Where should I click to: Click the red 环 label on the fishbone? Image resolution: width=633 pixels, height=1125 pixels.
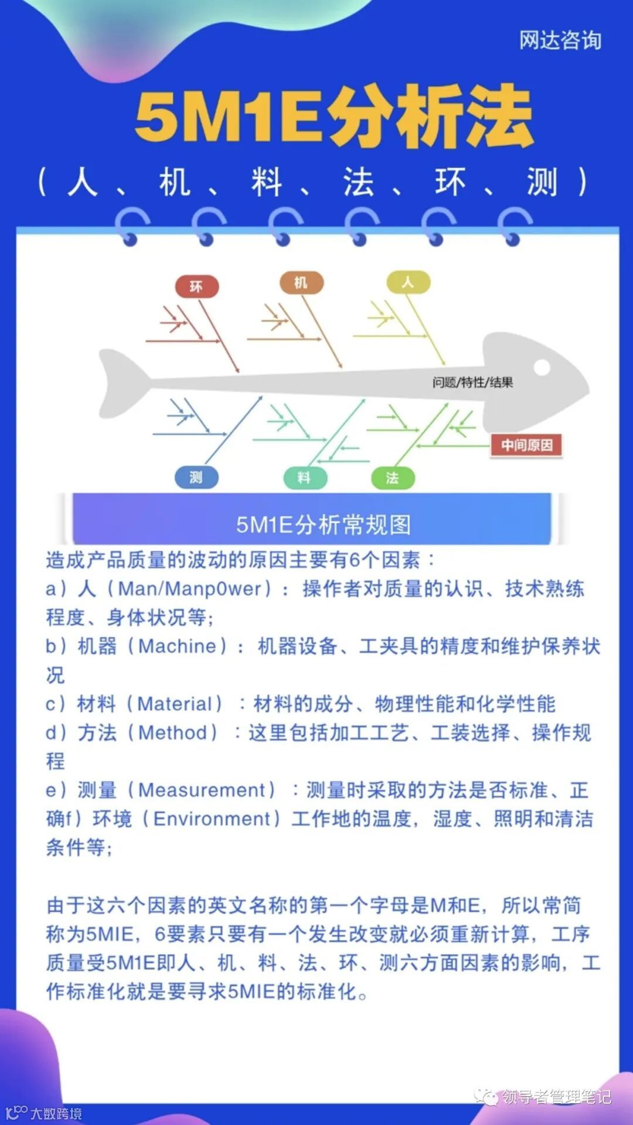click(197, 287)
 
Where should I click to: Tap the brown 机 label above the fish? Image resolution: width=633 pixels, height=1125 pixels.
click(301, 282)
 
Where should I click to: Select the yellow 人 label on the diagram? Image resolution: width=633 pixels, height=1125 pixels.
click(408, 282)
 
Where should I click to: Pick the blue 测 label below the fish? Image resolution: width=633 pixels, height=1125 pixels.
click(196, 478)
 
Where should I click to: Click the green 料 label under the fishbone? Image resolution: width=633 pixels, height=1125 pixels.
click(304, 478)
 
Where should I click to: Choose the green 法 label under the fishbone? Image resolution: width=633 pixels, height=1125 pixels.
click(393, 478)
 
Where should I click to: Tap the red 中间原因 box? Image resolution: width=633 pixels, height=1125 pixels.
click(526, 445)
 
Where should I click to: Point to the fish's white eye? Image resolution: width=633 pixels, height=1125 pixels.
click(542, 367)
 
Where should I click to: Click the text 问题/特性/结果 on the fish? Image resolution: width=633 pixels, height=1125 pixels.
click(472, 383)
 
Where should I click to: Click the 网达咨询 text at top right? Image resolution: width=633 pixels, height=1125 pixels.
click(560, 40)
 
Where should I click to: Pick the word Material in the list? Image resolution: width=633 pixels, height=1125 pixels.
click(174, 704)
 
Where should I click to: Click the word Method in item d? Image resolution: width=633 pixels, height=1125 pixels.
click(173, 732)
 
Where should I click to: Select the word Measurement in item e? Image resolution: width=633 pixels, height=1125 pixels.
click(202, 790)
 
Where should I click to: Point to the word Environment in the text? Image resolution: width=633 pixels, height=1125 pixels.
click(212, 819)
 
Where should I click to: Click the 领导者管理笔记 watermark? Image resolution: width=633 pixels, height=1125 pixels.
click(556, 1096)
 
